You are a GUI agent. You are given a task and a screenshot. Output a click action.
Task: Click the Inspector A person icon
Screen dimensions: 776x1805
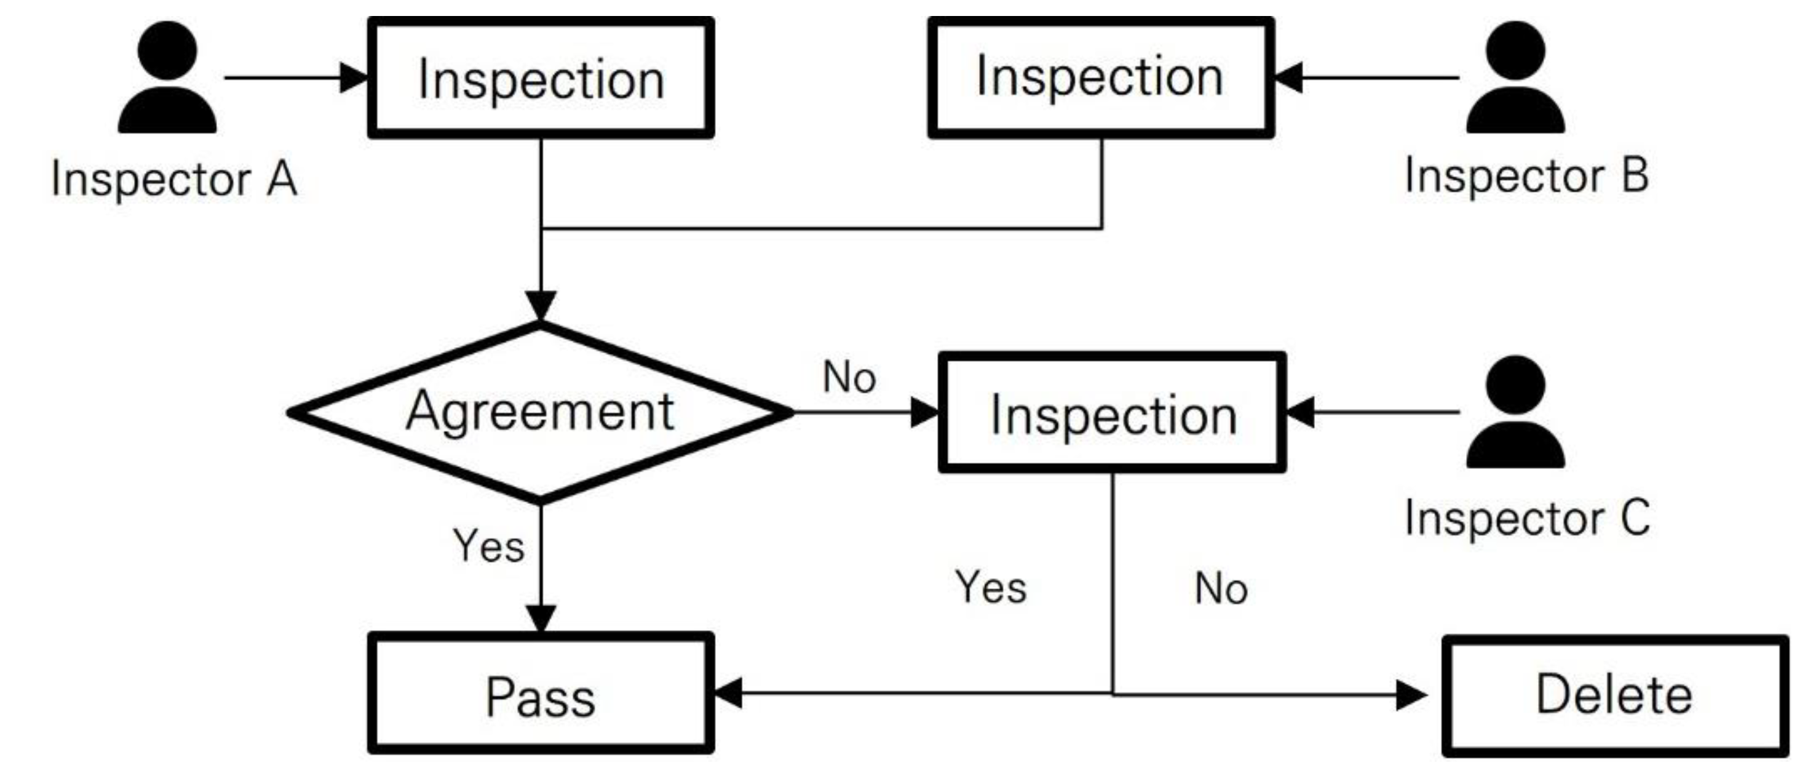coord(167,79)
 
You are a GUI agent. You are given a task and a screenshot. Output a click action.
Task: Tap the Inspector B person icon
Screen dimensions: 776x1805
coord(1515,79)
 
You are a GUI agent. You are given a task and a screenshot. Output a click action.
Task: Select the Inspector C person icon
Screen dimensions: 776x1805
coord(1515,413)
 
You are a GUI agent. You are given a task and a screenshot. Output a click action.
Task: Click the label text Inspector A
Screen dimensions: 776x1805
coord(174,180)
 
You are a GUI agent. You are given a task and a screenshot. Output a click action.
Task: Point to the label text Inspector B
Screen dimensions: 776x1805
coord(1526,176)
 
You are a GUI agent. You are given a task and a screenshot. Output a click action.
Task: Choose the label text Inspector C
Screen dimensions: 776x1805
coord(1526,519)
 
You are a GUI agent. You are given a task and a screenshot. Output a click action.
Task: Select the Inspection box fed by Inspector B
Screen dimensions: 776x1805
coord(1101,77)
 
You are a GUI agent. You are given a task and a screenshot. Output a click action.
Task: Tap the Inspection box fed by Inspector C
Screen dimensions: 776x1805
coord(1113,414)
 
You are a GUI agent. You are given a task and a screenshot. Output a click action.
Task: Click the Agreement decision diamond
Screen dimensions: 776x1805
coord(540,412)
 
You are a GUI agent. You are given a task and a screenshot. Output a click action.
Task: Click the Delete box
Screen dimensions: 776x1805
coord(1614,695)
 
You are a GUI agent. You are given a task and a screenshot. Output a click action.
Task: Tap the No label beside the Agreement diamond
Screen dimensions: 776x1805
coord(849,377)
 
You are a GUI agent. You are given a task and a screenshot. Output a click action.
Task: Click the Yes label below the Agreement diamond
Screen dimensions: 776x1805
coord(488,546)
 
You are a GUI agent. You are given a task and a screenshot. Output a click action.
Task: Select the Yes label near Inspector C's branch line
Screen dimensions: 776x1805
coord(991,588)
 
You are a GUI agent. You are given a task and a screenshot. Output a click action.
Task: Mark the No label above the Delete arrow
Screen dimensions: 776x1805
coord(1221,588)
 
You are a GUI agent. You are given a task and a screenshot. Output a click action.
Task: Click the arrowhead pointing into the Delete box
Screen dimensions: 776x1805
coord(1411,695)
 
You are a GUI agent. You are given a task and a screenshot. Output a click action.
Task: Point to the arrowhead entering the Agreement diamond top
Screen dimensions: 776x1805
coord(540,306)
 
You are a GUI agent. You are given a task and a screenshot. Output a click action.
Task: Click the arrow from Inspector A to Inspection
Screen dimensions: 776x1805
coord(295,78)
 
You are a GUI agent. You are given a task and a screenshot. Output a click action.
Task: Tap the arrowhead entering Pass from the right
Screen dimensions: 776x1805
coord(728,694)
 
